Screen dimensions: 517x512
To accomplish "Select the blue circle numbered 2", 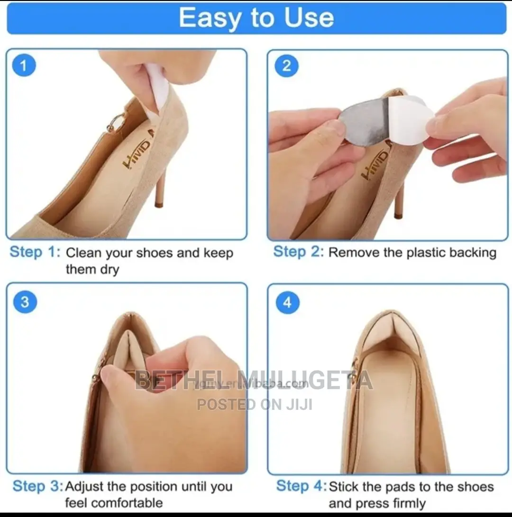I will click(x=286, y=66).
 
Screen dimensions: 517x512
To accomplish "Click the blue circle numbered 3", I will click(x=25, y=302).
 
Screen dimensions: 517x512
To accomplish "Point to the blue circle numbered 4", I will click(x=288, y=302).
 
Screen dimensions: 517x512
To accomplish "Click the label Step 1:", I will click(x=35, y=252).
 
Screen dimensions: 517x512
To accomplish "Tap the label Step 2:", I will click(x=298, y=252).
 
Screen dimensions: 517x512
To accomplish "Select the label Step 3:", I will click(x=37, y=486).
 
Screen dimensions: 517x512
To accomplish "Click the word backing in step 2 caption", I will click(x=472, y=253).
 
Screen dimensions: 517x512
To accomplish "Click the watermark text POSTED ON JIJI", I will click(x=255, y=404).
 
